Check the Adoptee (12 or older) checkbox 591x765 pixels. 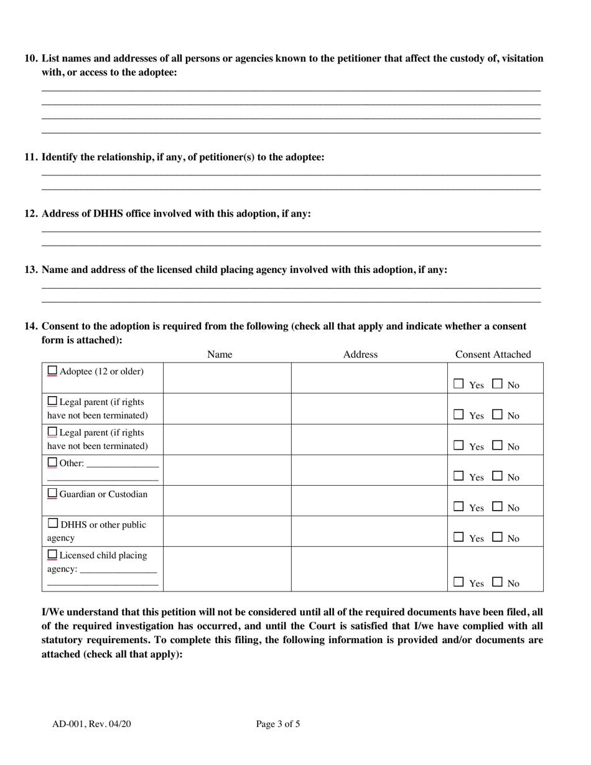click(52, 371)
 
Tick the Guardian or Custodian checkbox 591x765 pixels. click(52, 493)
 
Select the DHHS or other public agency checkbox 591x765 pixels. click(53, 524)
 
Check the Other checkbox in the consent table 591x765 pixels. click(52, 463)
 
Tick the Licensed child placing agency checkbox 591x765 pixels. click(52, 554)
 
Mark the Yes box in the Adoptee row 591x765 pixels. click(458, 384)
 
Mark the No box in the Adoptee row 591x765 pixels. click(497, 384)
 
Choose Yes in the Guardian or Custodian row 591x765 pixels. click(458, 507)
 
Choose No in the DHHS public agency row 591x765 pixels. click(497, 537)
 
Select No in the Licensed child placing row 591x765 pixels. click(497, 583)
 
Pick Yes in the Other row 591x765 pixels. click(458, 476)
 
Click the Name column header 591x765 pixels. click(219, 355)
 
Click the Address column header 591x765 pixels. click(360, 355)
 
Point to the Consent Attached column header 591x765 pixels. click(493, 355)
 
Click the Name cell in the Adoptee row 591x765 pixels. click(227, 378)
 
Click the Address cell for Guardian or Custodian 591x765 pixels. click(369, 501)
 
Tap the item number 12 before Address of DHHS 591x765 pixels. click(31, 214)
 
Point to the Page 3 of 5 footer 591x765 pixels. click(278, 724)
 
